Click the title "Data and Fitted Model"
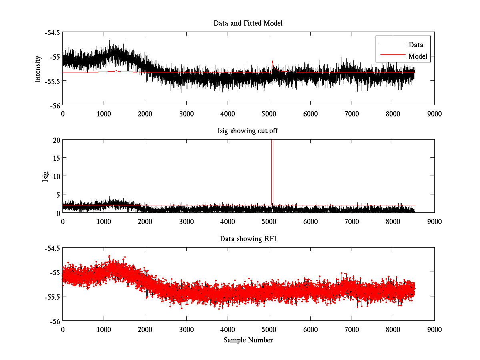coord(248,23)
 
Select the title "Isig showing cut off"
coord(248,131)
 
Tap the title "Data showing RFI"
coord(248,239)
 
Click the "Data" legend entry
coord(416,45)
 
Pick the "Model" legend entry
coord(418,56)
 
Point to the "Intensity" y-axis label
coord(38,69)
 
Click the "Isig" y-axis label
coord(45,176)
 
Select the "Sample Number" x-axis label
coord(248,340)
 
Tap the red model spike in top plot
coord(272,62)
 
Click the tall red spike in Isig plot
coord(272,168)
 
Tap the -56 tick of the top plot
coord(55,105)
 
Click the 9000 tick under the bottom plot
coord(434,329)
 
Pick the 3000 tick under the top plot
coord(186,114)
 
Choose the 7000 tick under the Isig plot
coord(352,221)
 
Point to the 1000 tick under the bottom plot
coord(104,329)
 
